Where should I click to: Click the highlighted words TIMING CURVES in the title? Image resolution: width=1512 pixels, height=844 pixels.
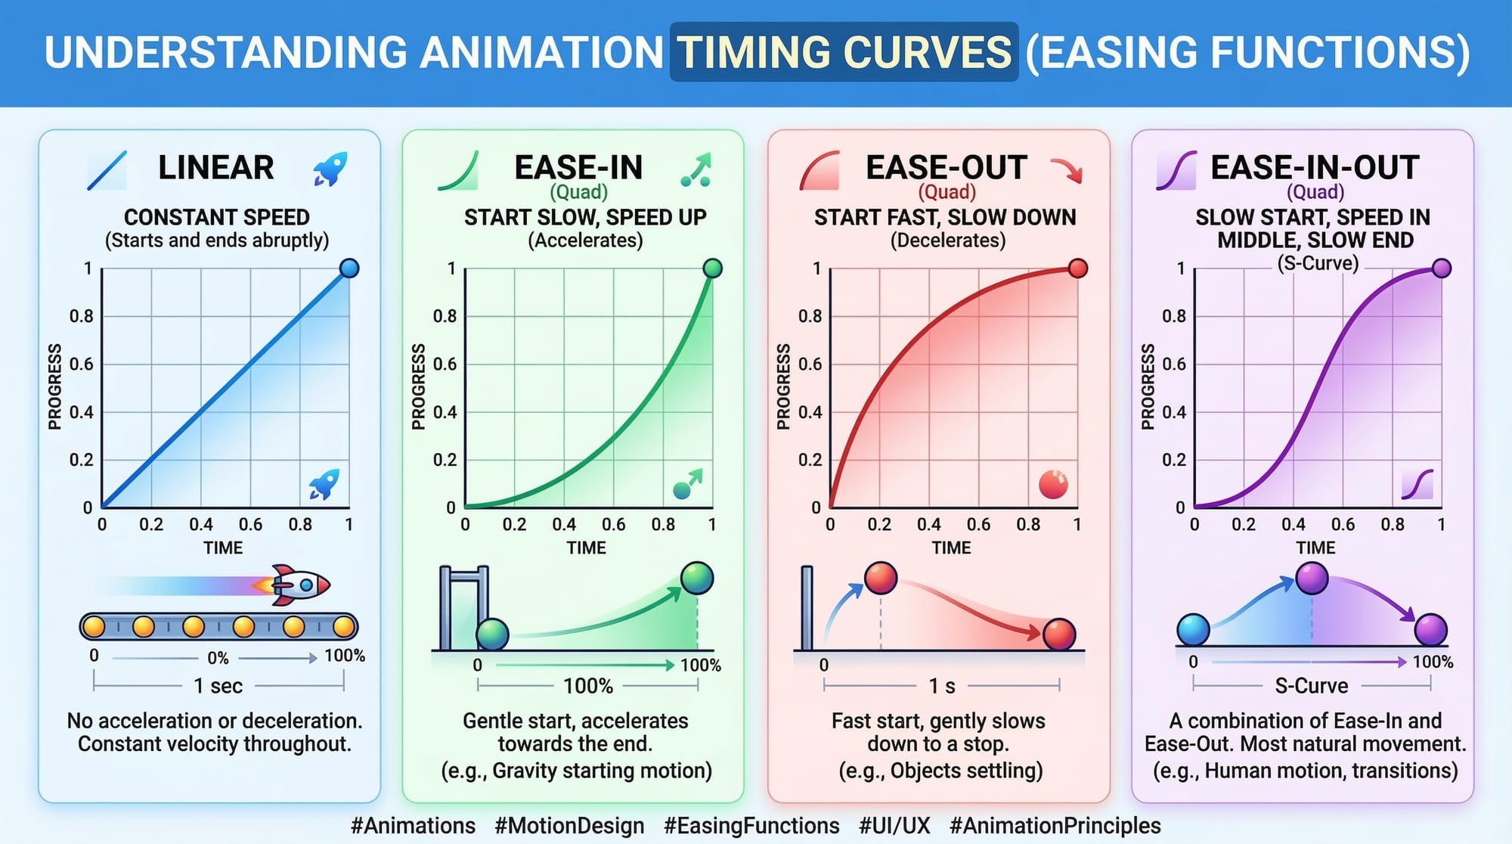coord(844,51)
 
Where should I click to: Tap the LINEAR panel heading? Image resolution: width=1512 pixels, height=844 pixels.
coord(215,167)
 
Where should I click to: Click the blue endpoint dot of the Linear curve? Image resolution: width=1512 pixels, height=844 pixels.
coord(349,268)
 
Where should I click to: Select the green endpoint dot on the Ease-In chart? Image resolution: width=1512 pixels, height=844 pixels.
coord(712,268)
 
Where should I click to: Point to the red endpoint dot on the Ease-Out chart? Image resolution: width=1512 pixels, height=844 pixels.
coord(1078,268)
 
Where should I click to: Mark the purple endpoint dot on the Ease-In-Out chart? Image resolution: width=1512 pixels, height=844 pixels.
coord(1442,268)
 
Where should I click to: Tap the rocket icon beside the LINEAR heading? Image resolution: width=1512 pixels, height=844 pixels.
coord(330,169)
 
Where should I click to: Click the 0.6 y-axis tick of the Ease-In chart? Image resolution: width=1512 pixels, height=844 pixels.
coord(445,364)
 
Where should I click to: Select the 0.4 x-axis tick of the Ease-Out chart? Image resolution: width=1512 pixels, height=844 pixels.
coord(928,524)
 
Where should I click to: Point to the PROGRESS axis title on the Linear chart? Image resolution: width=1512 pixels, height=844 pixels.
coord(54,386)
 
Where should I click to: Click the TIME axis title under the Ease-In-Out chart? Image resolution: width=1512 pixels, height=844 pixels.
coord(1315,548)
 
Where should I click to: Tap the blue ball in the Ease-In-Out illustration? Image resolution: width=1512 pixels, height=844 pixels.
coord(1194,629)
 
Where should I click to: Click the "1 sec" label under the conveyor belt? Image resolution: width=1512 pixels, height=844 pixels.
coord(218,686)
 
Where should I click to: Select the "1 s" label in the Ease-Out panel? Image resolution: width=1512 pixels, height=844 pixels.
coord(942,686)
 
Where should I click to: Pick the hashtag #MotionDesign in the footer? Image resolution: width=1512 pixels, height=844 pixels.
coord(569,825)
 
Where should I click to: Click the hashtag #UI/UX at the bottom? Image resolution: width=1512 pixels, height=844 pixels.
coord(894,825)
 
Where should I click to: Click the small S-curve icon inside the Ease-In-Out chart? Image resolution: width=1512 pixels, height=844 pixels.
coord(1417,484)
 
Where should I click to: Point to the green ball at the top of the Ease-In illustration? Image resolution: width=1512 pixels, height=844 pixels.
coord(697,579)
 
